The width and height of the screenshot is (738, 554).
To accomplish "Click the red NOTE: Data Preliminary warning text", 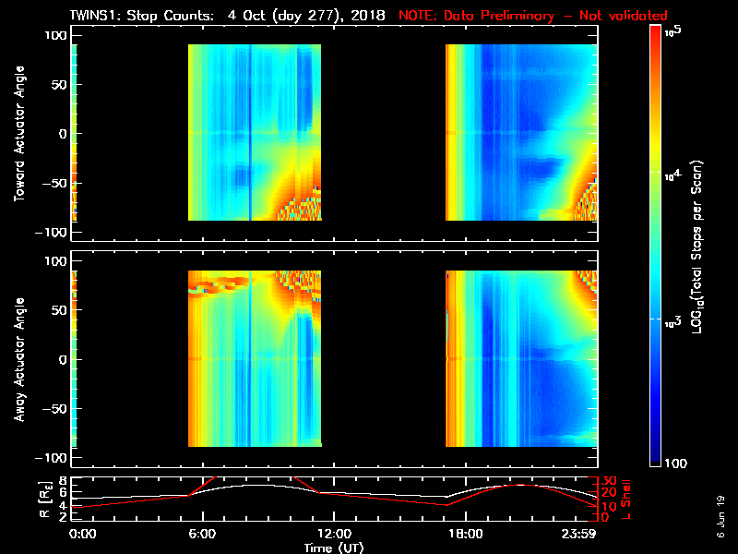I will [532, 16].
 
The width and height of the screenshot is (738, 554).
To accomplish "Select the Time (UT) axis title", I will [333, 547].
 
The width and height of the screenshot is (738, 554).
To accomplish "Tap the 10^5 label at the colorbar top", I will [673, 31].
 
